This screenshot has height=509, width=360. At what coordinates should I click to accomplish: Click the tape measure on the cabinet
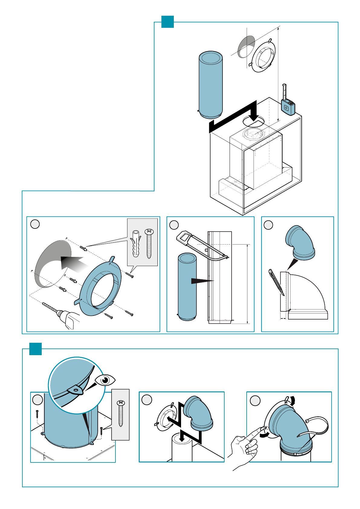point(287,106)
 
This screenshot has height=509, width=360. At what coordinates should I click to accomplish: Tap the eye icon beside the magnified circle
point(105,380)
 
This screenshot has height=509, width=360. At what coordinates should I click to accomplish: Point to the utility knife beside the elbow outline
point(276,282)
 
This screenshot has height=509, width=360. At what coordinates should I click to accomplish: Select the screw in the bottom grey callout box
point(121,413)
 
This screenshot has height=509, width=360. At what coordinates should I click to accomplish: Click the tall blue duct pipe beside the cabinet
point(211,85)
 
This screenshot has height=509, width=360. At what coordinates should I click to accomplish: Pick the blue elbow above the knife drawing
point(300,243)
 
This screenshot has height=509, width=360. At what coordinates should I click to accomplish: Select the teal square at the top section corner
point(167,22)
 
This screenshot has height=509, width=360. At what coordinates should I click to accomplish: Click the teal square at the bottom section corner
point(35,349)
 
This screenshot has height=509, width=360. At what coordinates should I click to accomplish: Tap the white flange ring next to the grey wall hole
point(263,56)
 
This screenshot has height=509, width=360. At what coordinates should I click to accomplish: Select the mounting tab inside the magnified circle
point(76,390)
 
